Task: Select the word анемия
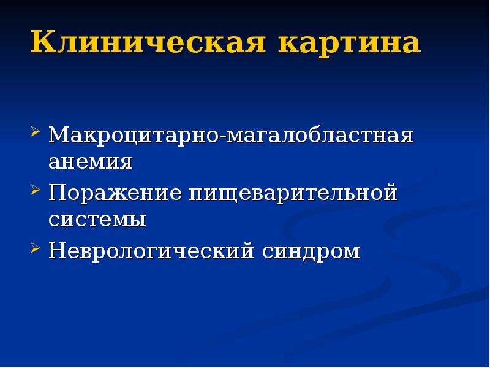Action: [x=91, y=161]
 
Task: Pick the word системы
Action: [x=97, y=219]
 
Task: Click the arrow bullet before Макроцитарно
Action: [x=36, y=132]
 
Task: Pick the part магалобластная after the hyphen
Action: [x=320, y=134]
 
